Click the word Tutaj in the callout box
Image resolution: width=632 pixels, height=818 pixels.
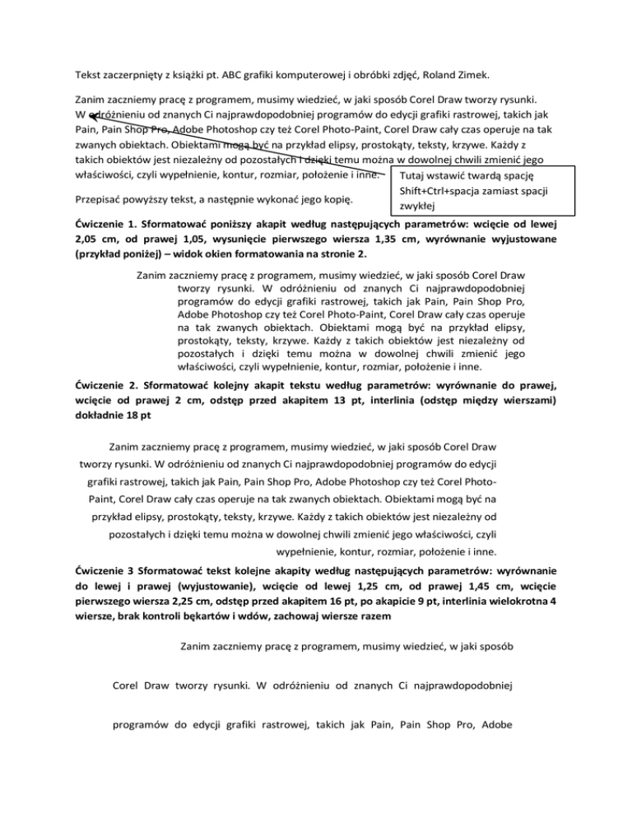[x=412, y=176]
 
